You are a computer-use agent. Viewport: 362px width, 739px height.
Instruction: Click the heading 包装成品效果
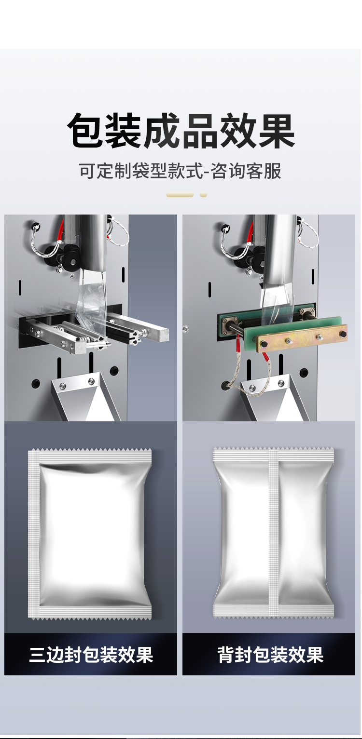(181, 131)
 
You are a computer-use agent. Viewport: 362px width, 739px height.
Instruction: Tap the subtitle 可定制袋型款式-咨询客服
(181, 171)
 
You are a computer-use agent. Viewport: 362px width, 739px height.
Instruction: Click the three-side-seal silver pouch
(90, 533)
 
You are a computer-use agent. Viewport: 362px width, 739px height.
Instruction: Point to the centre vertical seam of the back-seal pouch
(274, 533)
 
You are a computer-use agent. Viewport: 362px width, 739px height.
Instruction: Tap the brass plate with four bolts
(302, 338)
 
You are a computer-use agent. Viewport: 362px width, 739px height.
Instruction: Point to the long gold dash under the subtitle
(180, 195)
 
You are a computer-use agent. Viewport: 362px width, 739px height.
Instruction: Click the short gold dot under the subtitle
(203, 195)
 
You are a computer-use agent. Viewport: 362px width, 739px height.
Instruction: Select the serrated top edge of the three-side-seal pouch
(90, 450)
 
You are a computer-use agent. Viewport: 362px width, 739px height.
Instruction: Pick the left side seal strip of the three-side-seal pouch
(33, 533)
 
